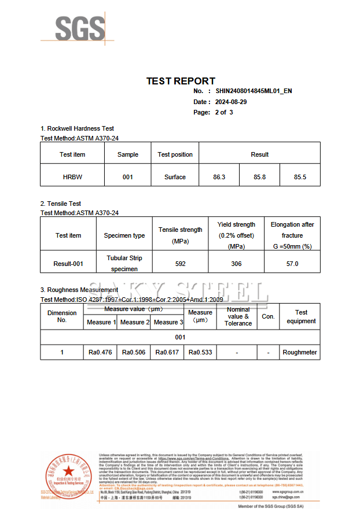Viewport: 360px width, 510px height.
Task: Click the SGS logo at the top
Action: point(80,29)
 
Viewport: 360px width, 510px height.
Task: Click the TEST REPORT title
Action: point(181,81)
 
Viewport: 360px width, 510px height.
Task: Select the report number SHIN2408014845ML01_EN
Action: point(254,91)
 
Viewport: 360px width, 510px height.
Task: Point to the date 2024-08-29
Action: point(231,102)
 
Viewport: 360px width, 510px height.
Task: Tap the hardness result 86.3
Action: point(219,177)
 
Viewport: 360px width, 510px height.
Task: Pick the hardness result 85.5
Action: point(300,177)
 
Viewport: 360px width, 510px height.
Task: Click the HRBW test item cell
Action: point(72,177)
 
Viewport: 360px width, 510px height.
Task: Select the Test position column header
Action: point(175,154)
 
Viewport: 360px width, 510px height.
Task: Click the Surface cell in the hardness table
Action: point(175,177)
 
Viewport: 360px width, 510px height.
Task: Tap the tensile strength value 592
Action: point(181,264)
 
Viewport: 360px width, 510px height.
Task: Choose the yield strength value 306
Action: point(236,264)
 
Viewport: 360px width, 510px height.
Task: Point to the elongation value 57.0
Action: point(292,264)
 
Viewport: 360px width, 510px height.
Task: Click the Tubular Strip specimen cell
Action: point(124,263)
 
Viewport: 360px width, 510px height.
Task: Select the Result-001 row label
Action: point(68,264)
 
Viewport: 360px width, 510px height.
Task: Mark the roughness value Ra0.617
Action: point(167,352)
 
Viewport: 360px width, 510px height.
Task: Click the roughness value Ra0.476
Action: point(101,352)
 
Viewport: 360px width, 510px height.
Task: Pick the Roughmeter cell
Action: point(300,352)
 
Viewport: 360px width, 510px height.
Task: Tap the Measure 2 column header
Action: point(134,322)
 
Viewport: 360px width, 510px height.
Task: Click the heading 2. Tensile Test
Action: point(60,204)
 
